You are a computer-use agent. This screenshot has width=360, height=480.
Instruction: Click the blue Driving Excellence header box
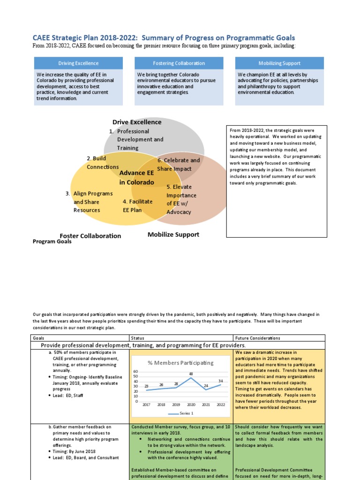(x=78, y=63)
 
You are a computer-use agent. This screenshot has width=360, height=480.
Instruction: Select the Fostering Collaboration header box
(x=179, y=63)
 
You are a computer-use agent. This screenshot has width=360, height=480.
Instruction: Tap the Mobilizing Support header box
(x=279, y=63)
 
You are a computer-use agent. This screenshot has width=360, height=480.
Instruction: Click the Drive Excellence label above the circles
(x=137, y=122)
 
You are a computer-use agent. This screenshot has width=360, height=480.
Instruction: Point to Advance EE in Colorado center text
(x=136, y=178)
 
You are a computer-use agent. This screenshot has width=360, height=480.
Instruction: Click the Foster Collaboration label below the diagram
(x=90, y=236)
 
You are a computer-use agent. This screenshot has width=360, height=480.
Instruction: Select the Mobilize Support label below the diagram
(x=173, y=234)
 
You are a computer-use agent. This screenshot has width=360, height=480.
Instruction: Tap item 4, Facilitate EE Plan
(x=138, y=206)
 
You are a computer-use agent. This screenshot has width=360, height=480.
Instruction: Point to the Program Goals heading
(x=52, y=242)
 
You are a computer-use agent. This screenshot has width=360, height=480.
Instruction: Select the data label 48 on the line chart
(x=191, y=374)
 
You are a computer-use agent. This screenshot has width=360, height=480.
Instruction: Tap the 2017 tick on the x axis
(x=146, y=405)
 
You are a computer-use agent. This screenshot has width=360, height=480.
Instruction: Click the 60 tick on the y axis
(x=136, y=371)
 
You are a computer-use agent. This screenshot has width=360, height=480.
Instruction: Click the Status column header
(x=138, y=338)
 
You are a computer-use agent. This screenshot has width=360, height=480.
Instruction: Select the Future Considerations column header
(x=258, y=338)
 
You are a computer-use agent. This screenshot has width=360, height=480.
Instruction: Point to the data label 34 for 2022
(x=221, y=381)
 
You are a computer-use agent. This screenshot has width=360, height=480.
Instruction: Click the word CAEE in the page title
(x=42, y=38)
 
